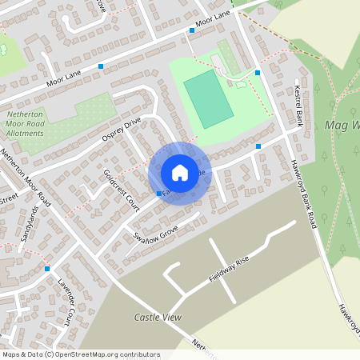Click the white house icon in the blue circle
click(x=180, y=173)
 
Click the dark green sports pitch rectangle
click(x=209, y=98)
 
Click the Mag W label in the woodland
click(x=343, y=126)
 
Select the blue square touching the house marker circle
click(x=158, y=194)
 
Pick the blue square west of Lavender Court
click(x=48, y=268)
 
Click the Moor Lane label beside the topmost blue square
click(x=212, y=25)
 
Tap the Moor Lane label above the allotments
click(x=65, y=78)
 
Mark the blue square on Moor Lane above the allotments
click(x=101, y=66)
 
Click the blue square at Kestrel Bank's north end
click(x=258, y=73)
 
